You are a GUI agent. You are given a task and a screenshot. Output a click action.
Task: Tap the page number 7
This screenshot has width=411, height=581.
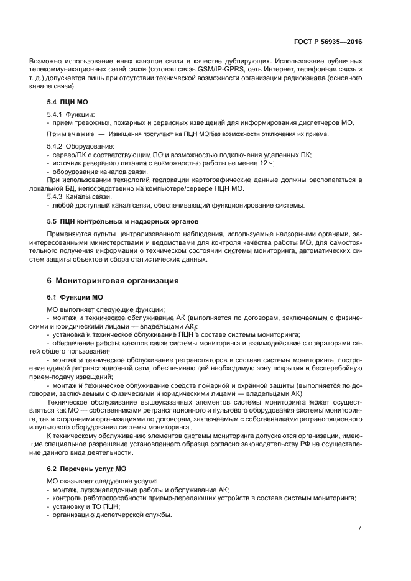[x=360, y=529]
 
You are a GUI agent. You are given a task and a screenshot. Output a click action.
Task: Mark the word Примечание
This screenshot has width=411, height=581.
[x=69, y=134]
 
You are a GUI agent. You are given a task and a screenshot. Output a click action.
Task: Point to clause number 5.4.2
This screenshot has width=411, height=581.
[x=56, y=145]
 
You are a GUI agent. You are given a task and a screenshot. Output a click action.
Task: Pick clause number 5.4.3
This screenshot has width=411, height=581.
[x=56, y=196]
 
